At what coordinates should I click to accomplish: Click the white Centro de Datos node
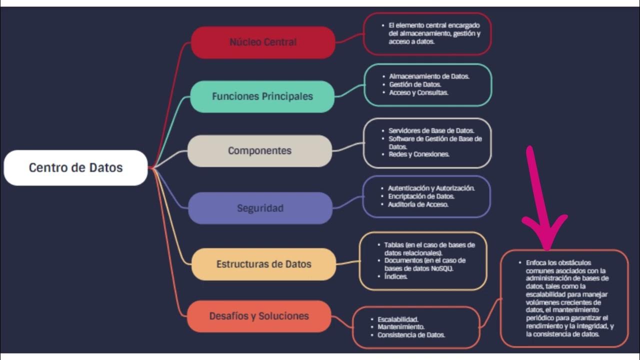pyautogui.click(x=75, y=167)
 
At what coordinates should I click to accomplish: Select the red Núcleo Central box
pyautogui.click(x=263, y=42)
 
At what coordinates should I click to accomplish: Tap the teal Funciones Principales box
pyautogui.click(x=262, y=96)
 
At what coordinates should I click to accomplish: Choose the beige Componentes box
pyautogui.click(x=259, y=150)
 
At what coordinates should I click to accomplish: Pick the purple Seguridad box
pyautogui.click(x=260, y=208)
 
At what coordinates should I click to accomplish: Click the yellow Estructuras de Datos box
pyautogui.click(x=263, y=264)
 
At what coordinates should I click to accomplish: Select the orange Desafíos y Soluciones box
pyautogui.click(x=259, y=316)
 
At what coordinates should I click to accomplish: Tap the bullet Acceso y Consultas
pyautogui.click(x=418, y=92)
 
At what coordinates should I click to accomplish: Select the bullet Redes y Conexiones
pyautogui.click(x=419, y=154)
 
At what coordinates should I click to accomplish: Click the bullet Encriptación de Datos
pyautogui.click(x=421, y=196)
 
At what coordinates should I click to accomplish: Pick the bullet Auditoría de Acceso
pyautogui.click(x=418, y=204)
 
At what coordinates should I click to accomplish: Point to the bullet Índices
pyautogui.click(x=395, y=276)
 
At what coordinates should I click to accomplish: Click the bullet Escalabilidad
pyautogui.click(x=398, y=318)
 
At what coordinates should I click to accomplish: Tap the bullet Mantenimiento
pyautogui.click(x=401, y=326)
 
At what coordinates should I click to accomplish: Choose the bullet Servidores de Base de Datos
pyautogui.click(x=431, y=130)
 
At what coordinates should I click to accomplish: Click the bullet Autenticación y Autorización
pyautogui.click(x=431, y=188)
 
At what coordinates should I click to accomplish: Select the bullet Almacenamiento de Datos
pyautogui.click(x=429, y=76)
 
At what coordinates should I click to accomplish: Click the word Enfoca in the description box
pyautogui.click(x=537, y=262)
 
